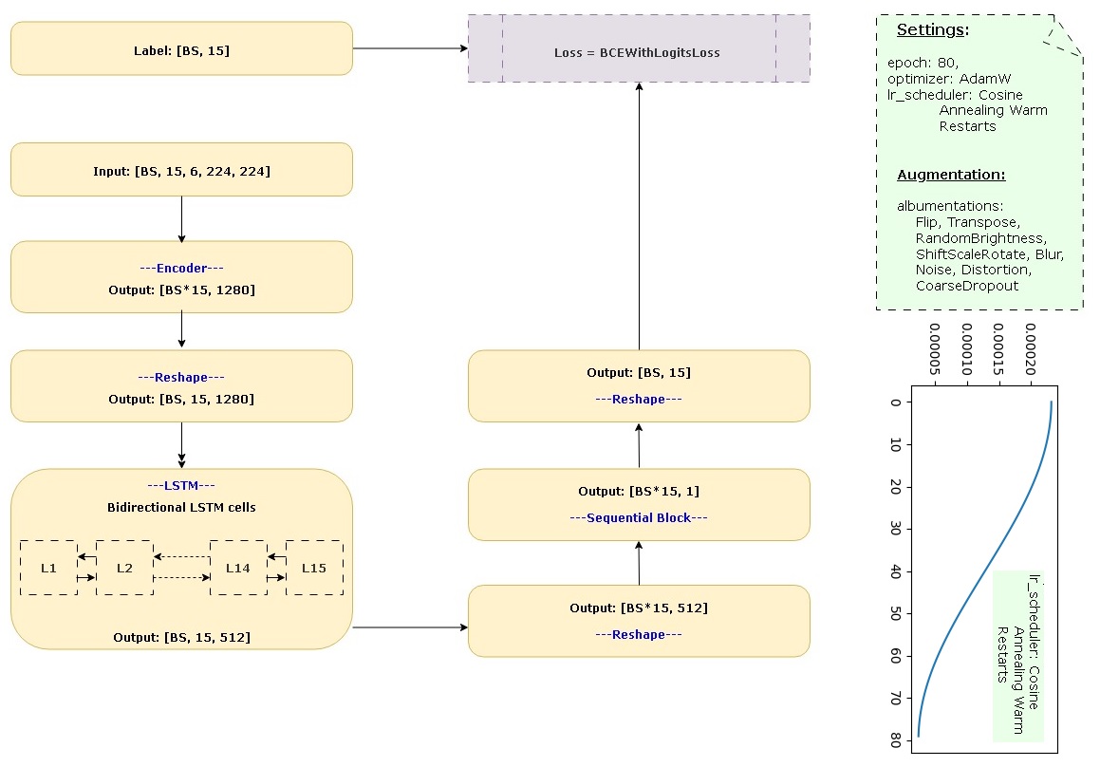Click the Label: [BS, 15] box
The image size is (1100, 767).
[x=181, y=49]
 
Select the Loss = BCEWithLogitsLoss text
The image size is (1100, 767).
[x=637, y=53]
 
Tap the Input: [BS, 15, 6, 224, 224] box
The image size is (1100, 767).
[x=181, y=171]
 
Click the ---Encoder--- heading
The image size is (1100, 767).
[x=181, y=269]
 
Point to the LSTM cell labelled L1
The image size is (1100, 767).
[x=48, y=568]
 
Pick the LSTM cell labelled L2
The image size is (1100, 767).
[x=124, y=568]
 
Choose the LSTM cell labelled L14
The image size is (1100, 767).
[x=238, y=568]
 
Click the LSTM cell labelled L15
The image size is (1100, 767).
[x=314, y=568]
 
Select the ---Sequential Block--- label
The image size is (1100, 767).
[x=639, y=517]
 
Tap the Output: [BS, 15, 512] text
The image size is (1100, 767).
[x=181, y=637]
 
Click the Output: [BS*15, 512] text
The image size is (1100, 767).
[x=639, y=608]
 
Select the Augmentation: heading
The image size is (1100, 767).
[x=951, y=176]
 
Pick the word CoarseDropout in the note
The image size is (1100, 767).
[x=967, y=286]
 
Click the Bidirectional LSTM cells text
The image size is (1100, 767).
[x=181, y=507]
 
